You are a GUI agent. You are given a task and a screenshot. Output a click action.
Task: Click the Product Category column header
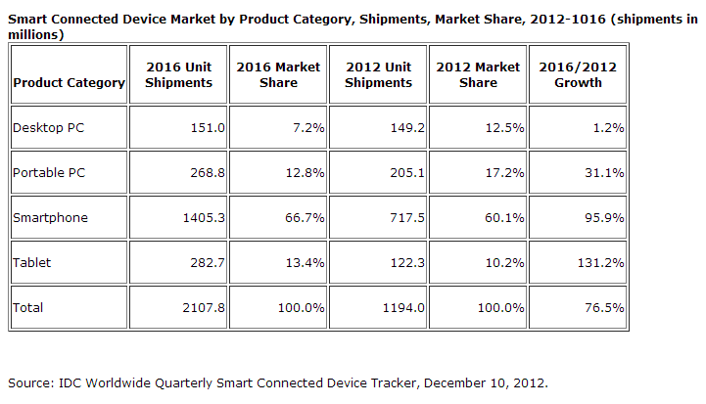click(x=70, y=83)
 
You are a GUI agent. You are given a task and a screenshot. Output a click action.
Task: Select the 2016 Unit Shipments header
click(x=178, y=75)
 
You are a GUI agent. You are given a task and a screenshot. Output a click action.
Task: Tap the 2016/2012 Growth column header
click(x=573, y=75)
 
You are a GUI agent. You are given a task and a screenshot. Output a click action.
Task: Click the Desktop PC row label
click(x=45, y=127)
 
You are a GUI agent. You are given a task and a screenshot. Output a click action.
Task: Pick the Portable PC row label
click(x=45, y=172)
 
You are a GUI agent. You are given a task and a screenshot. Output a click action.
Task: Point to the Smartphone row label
click(x=50, y=217)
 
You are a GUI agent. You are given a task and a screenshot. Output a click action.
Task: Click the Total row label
click(x=27, y=307)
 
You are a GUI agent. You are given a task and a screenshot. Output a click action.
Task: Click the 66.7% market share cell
click(x=301, y=217)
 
